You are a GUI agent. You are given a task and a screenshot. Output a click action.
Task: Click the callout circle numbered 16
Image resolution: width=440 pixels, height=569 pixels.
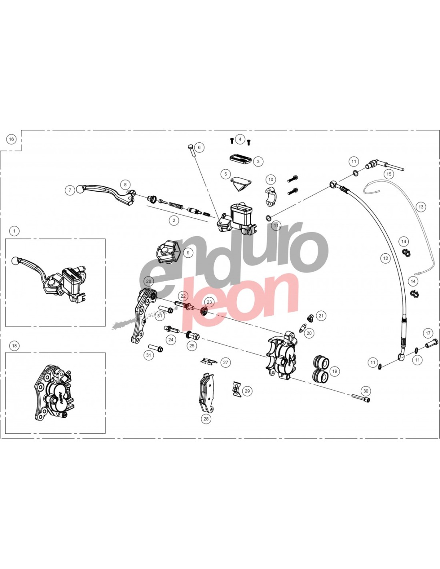coord(12,139)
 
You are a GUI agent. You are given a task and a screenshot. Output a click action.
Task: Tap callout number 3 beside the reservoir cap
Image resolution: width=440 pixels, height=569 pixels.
coord(258,161)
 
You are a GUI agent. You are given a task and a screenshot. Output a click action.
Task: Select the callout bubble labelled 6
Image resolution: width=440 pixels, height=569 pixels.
coord(199,148)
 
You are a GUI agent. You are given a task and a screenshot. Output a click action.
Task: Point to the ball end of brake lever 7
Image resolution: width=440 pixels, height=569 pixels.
coord(79,189)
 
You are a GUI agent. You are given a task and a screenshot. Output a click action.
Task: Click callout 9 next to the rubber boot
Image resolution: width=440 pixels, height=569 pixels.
coord(188,252)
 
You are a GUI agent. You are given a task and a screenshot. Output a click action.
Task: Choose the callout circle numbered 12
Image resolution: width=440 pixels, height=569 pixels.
coord(385,258)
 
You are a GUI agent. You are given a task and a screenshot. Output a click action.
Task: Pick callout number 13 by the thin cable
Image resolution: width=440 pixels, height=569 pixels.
coord(421,207)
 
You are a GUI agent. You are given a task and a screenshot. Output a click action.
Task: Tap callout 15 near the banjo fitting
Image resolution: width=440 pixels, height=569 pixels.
coord(389,174)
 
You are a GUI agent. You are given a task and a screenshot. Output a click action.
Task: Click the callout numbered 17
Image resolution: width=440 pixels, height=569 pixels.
coord(428,333)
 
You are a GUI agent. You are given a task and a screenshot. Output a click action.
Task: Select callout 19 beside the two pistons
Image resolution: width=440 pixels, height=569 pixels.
coord(334,371)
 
